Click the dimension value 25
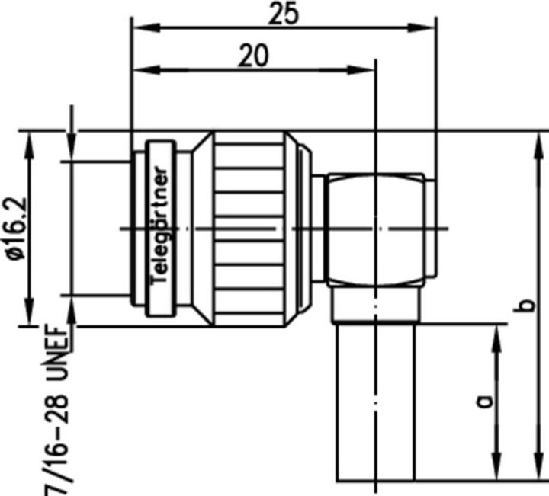click(283, 14)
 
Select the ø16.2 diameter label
click(16, 229)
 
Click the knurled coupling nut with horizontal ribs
click(248, 229)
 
